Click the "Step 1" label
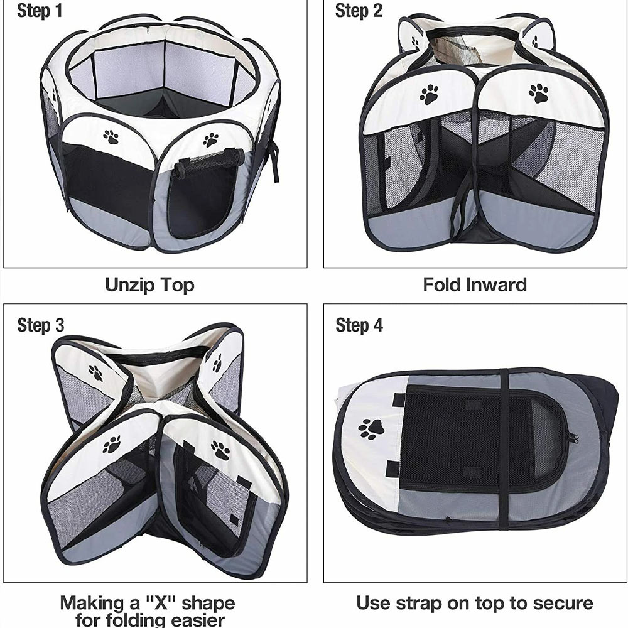40,11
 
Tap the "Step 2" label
359,11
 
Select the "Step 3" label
40,325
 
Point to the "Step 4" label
359,325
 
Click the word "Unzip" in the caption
129,285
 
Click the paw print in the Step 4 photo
371,429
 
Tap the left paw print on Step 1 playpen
111,136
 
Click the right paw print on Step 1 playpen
210,140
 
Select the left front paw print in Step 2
429,94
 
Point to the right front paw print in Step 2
539,93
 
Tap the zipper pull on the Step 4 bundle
573,438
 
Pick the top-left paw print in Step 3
95,373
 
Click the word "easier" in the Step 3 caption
198,620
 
